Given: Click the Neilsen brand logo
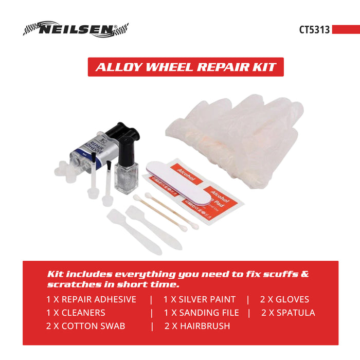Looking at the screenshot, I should (x=76, y=29).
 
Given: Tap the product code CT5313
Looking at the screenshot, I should (x=314, y=29).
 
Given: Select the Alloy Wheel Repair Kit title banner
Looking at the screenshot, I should (x=186, y=67).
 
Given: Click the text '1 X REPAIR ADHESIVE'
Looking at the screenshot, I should (x=91, y=299).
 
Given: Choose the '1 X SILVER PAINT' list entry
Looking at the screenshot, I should (x=200, y=299).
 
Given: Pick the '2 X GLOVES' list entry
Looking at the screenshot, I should (x=284, y=299).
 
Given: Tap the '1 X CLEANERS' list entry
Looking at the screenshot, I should (x=76, y=313).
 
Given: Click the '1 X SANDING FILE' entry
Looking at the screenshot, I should (x=202, y=313).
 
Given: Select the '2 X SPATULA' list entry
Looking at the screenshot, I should (x=288, y=313).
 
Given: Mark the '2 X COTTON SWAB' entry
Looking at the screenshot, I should (x=85, y=326).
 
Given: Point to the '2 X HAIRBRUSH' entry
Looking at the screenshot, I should (x=197, y=326).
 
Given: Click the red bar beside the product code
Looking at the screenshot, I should (x=346, y=30).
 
